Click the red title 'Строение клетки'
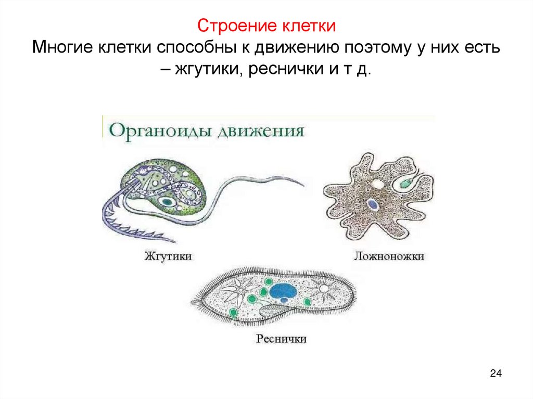pyautogui.click(x=266, y=26)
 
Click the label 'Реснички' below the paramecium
pyautogui.click(x=281, y=339)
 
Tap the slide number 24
pyautogui.click(x=496, y=374)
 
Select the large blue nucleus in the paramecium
pyautogui.click(x=284, y=291)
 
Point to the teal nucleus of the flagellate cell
pyautogui.click(x=168, y=201)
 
